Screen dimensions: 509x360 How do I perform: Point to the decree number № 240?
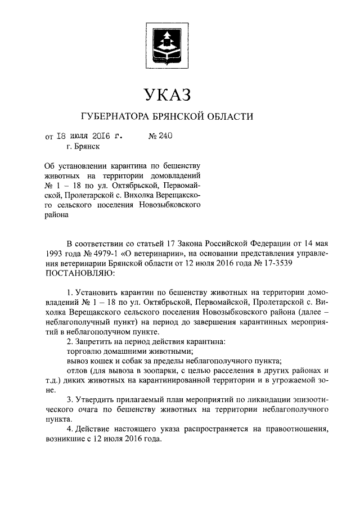pyautogui.click(x=159, y=136)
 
